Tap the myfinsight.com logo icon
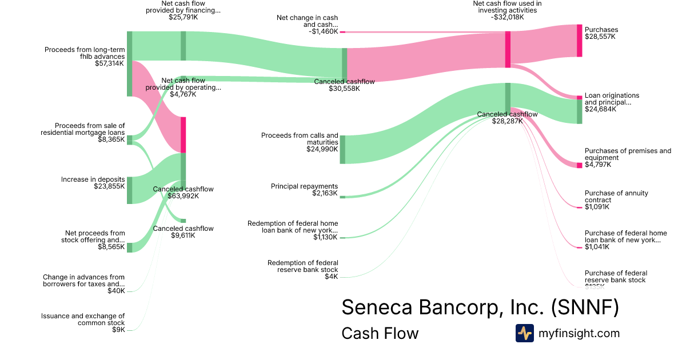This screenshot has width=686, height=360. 524,333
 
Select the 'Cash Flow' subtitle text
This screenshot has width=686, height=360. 380,333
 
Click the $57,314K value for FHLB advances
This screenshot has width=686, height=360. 109,63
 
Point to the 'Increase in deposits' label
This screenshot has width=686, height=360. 93,179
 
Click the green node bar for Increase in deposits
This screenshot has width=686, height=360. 130,190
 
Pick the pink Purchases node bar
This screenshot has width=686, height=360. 579,41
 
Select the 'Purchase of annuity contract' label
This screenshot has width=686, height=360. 616,197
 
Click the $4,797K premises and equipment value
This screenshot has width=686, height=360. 597,165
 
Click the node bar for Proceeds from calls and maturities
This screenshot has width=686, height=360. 342,150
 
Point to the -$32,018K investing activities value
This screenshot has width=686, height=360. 507,17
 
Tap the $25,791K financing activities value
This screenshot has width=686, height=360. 183,17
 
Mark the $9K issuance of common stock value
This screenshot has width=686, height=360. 119,330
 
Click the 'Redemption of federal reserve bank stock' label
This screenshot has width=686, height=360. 302,266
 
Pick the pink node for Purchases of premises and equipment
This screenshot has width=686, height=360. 579,165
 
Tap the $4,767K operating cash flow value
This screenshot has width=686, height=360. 183,94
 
